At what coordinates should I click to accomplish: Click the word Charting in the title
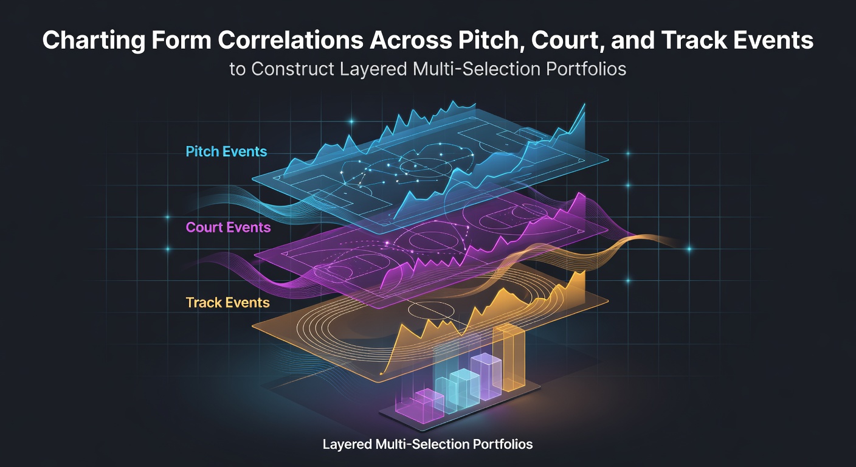(94, 41)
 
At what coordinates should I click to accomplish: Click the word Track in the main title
(694, 40)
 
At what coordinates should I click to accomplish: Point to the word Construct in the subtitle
(293, 69)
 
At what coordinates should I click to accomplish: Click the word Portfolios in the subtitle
(586, 69)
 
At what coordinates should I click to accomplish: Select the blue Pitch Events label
(226, 152)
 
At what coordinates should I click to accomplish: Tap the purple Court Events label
(228, 227)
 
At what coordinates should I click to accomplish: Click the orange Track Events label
(228, 303)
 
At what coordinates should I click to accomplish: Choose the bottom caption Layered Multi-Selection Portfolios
(427, 445)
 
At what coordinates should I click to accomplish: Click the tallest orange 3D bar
(509, 358)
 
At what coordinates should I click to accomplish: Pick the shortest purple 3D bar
(419, 406)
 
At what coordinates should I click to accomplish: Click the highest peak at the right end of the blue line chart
(584, 104)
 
